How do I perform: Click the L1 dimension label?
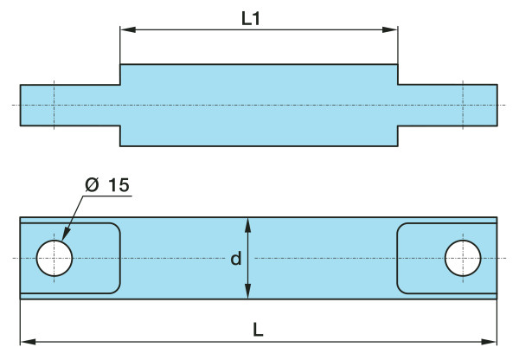pyautogui.click(x=251, y=17)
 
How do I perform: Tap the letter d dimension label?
pyautogui.click(x=235, y=259)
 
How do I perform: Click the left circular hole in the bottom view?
pyautogui.click(x=54, y=258)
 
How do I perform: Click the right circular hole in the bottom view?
pyautogui.click(x=463, y=258)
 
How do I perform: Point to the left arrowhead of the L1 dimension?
pyautogui.click(x=126, y=30)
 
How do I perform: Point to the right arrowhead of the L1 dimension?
pyautogui.click(x=392, y=30)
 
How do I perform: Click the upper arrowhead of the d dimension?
pyautogui.click(x=248, y=222)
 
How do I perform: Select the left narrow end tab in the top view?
pyautogui.click(x=69, y=105)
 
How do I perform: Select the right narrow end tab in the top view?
pyautogui.click(x=447, y=105)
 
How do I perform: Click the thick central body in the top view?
pyautogui.click(x=259, y=105)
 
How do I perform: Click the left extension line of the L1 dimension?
pyautogui.click(x=120, y=48)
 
